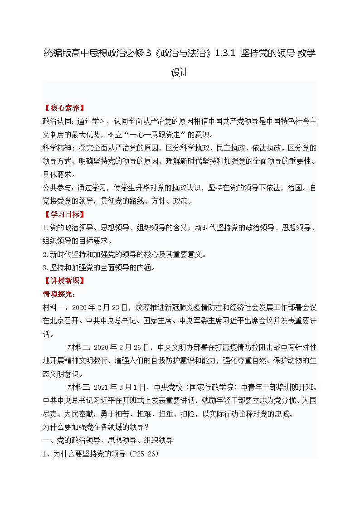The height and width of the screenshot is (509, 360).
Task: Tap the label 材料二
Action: (x=79, y=348)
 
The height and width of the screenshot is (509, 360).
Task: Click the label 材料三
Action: (x=79, y=388)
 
